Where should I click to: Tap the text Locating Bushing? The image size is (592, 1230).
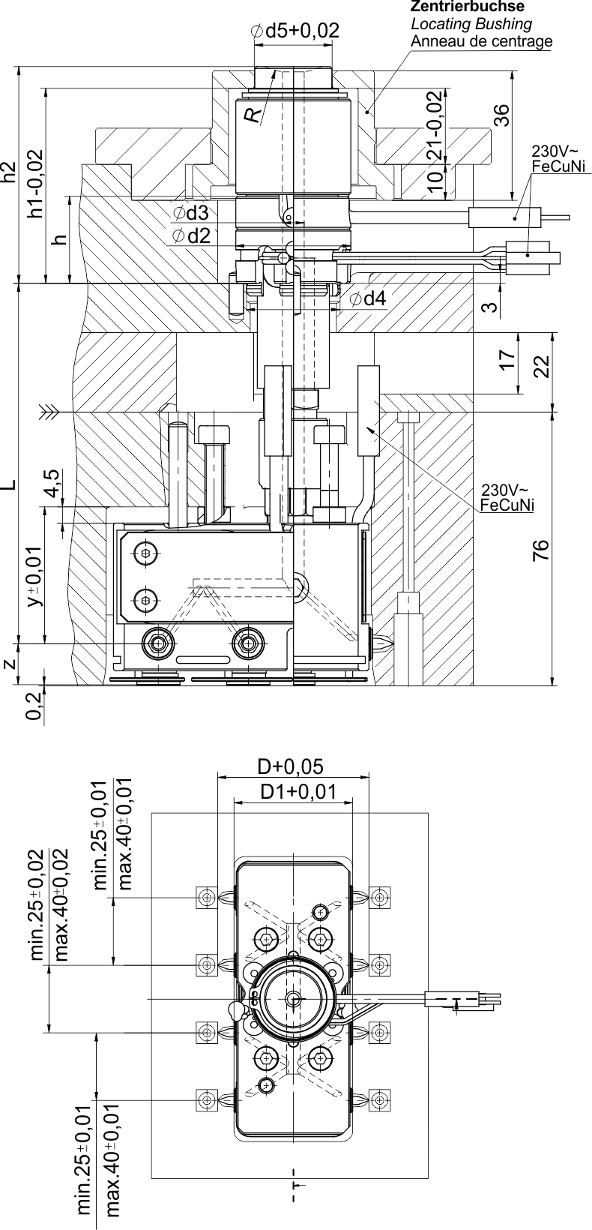[471, 23]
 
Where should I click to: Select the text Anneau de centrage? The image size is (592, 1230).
[481, 40]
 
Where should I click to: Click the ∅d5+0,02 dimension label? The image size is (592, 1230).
[295, 31]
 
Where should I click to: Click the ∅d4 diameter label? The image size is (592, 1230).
[368, 299]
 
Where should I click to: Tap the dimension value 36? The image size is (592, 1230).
[501, 113]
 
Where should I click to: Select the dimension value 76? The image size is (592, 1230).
[542, 549]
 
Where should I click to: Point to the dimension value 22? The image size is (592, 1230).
[542, 365]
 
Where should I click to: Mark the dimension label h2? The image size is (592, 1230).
[9, 172]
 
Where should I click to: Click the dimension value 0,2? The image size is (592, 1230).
[33, 706]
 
